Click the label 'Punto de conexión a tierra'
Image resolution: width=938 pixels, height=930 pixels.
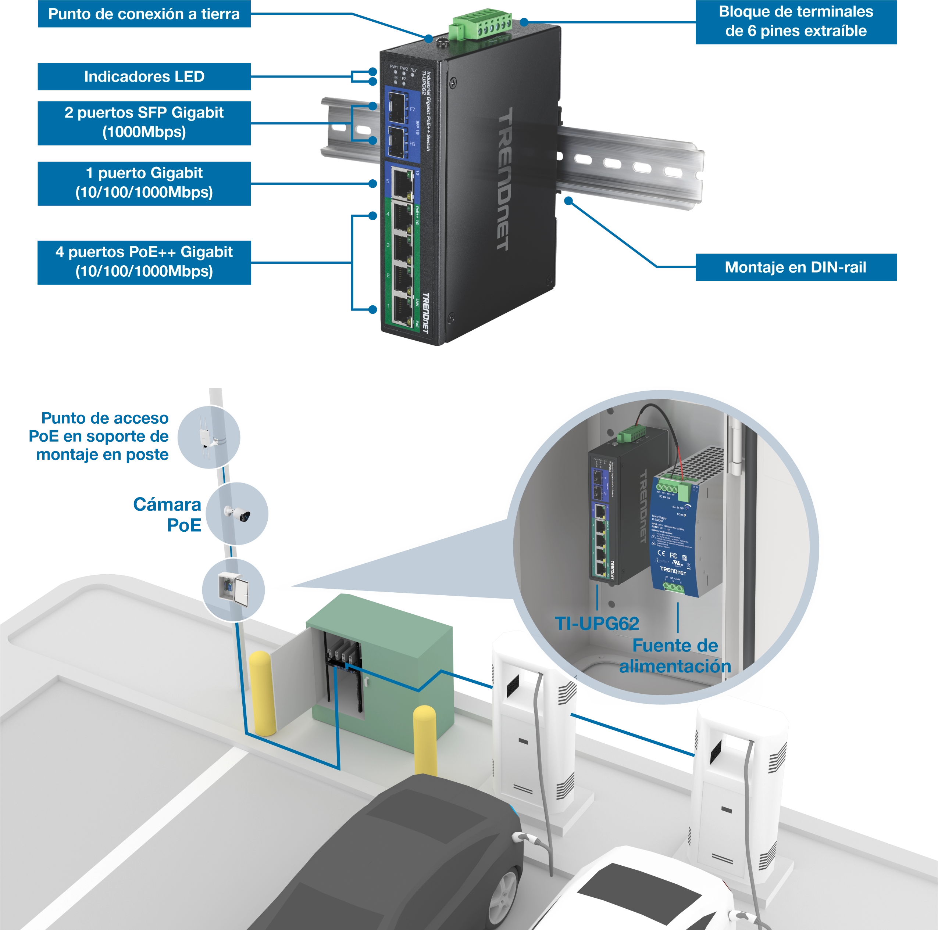[x=144, y=14]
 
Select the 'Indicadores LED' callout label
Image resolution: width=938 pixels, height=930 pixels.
[x=144, y=77]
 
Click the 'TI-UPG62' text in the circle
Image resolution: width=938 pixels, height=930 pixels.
[x=597, y=624]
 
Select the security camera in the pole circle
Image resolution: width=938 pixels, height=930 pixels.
[x=238, y=513]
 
